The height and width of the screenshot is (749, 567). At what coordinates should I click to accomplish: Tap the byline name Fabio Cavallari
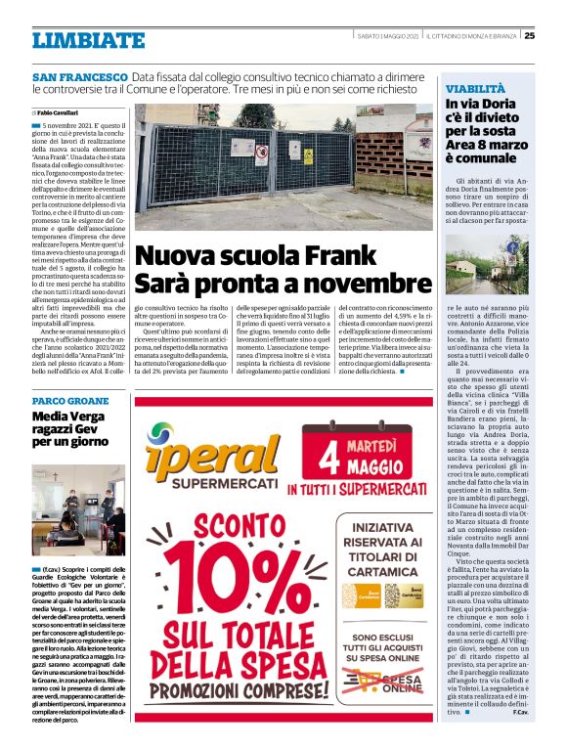pyautogui.click(x=60, y=113)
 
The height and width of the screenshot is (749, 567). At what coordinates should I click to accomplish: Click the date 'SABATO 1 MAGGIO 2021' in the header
pyautogui.click(x=388, y=36)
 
